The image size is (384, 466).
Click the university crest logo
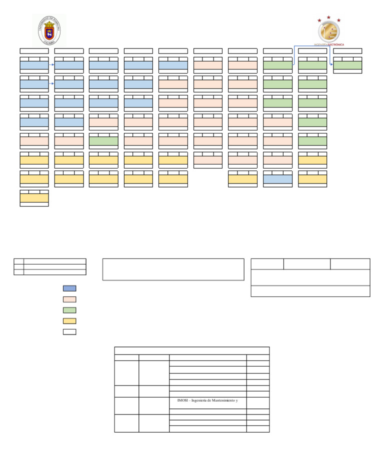click(x=49, y=30)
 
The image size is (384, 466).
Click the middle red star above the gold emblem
click(x=328, y=17)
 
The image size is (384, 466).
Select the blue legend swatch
click(x=69, y=288)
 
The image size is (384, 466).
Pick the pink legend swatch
click(x=69, y=299)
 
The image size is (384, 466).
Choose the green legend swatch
click(x=69, y=310)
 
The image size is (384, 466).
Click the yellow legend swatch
click(x=69, y=321)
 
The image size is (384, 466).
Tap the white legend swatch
click(x=69, y=332)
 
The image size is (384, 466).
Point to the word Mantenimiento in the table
click(x=222, y=400)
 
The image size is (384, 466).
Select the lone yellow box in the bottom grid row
click(x=34, y=198)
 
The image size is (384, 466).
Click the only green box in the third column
click(x=103, y=141)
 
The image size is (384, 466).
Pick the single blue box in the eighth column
click(x=277, y=179)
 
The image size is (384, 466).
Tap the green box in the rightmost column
click(x=347, y=65)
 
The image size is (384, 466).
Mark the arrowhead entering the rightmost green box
click(x=331, y=65)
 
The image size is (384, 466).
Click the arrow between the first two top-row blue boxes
click(x=51, y=65)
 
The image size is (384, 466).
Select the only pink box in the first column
click(x=34, y=141)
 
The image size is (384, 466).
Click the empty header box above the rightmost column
click(x=347, y=50)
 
